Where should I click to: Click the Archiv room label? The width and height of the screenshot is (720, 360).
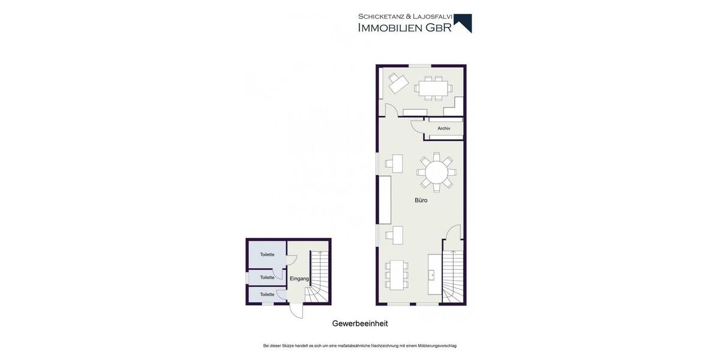click(443, 128)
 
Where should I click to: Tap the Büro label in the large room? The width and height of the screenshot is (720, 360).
click(421, 200)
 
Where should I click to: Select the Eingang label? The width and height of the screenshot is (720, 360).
click(299, 279)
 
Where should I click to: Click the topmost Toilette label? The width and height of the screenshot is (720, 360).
click(267, 254)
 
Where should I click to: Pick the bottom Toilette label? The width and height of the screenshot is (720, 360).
click(267, 295)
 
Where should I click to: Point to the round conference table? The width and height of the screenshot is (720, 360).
click(436, 173)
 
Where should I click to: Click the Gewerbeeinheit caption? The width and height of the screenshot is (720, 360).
click(360, 323)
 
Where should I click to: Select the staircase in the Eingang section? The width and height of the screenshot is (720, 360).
click(318, 276)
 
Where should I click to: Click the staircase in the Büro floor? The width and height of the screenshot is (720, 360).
click(453, 276)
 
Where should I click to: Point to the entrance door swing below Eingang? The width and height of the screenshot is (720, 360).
click(296, 311)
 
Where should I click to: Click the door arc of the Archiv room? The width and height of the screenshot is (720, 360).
click(416, 127)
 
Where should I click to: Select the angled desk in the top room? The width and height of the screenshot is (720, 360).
click(397, 83)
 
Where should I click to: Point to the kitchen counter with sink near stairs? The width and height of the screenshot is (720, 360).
click(433, 275)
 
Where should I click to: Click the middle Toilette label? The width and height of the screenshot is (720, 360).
click(267, 277)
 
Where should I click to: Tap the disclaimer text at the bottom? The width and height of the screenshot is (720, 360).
click(360, 346)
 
